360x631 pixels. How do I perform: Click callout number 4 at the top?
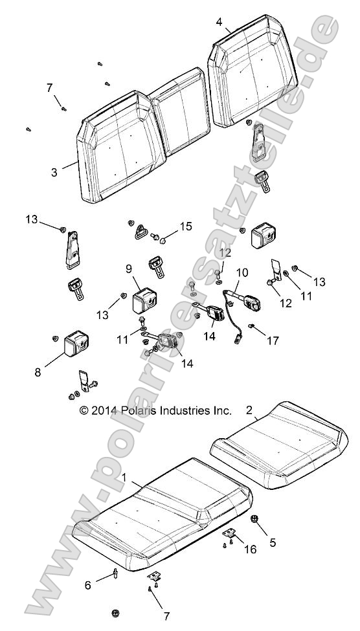(219, 22)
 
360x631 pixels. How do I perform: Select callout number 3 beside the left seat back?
(54, 172)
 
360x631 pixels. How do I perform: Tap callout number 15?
(186, 227)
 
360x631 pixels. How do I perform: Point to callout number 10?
(242, 273)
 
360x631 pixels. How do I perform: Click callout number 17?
(273, 341)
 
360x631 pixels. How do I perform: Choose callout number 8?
(38, 372)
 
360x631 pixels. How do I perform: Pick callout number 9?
(129, 269)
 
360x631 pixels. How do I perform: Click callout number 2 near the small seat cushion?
(249, 410)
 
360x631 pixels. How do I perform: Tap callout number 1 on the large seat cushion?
(124, 478)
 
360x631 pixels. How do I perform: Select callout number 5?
(273, 542)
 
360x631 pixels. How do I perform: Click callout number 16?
(251, 549)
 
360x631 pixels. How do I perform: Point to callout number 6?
(88, 586)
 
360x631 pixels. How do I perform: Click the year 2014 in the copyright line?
(104, 410)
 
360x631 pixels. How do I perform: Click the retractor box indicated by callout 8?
(76, 343)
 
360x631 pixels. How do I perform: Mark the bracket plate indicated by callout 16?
(229, 534)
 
